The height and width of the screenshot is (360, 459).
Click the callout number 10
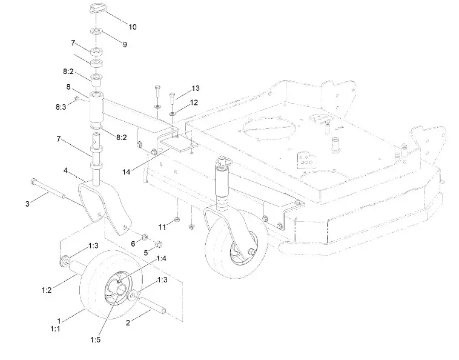pos(133,27)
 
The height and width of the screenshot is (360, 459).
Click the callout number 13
pos(195,88)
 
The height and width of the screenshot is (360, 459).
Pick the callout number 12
pos(194,103)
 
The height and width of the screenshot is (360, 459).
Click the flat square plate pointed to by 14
pos(182,143)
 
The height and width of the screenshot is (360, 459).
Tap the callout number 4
pos(65,171)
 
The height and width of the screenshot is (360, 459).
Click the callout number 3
pos(27,203)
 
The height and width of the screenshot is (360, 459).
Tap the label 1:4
pos(161,258)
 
